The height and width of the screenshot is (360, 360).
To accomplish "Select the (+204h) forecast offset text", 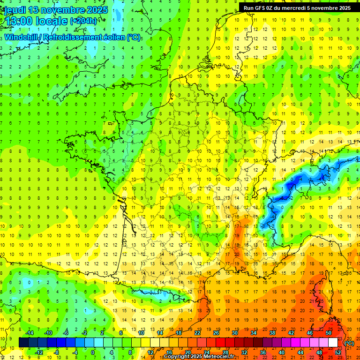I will pyautogui.click(x=83, y=21).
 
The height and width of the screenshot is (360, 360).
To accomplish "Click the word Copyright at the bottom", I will pyautogui.click(x=177, y=357).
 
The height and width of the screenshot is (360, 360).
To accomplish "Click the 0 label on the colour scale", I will pyautogui.click(x=92, y=352).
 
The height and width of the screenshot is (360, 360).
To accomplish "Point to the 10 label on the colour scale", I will pyautogui.click(x=141, y=333).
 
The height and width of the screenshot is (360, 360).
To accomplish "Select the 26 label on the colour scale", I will pyautogui.click(x=216, y=333).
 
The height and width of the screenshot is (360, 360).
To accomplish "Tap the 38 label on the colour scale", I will pyautogui.click(x=272, y=333).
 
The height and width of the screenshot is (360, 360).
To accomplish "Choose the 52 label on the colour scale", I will pyautogui.click(x=338, y=352).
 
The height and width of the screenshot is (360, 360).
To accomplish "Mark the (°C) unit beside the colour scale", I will pyautogui.click(x=349, y=343).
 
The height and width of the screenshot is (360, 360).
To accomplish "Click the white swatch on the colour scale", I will pyautogui.click(x=333, y=342).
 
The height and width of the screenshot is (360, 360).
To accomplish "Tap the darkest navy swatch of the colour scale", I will pyautogui.click(x=23, y=342).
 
